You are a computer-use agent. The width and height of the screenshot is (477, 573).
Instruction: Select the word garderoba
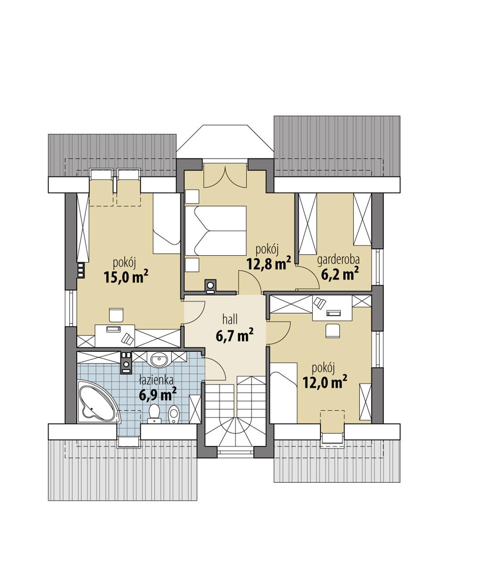(x=338, y=260)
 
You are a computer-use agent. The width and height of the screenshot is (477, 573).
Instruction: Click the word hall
(x=231, y=318)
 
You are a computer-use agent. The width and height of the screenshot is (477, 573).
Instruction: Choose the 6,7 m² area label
(x=234, y=335)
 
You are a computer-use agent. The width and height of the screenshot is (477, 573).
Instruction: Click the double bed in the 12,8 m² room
(x=216, y=231)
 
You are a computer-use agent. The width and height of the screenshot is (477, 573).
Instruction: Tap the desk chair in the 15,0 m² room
(x=116, y=315)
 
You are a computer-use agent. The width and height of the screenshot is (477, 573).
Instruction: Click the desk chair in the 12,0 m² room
(x=334, y=330)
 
